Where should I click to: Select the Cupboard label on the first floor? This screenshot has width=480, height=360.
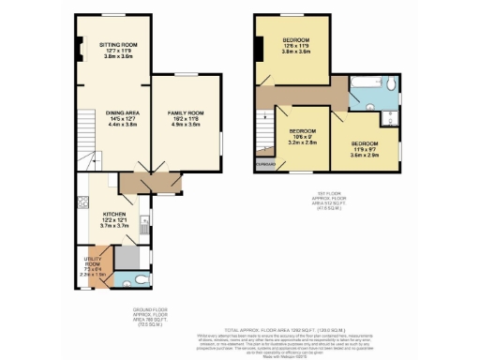tap(263, 165)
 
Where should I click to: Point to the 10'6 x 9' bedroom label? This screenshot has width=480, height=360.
tap(301, 137)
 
